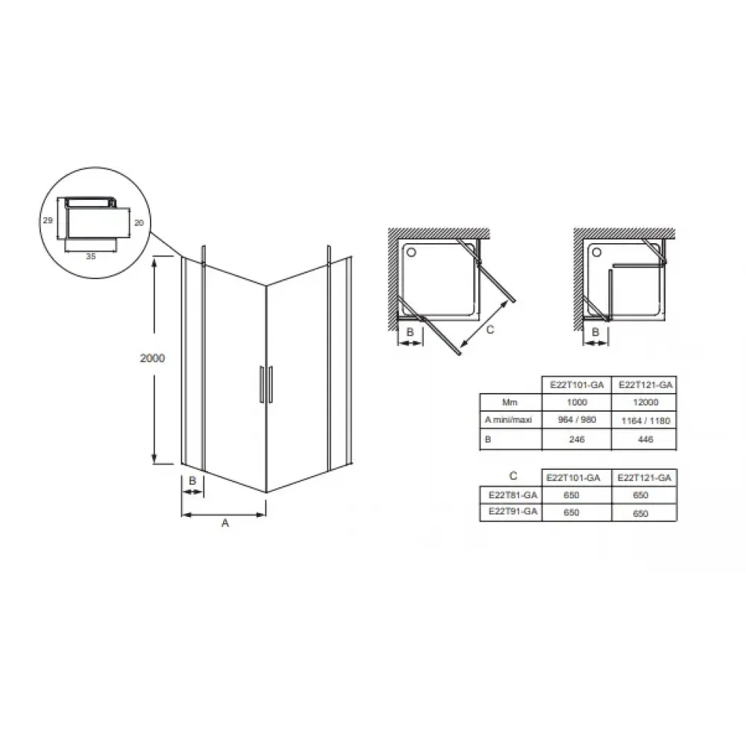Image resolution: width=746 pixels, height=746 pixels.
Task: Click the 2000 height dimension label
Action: click(152, 358)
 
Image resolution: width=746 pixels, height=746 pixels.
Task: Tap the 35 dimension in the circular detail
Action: click(91, 256)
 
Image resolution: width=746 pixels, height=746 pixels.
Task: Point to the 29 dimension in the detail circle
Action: click(48, 220)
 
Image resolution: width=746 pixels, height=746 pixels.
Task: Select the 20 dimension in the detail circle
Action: click(139, 222)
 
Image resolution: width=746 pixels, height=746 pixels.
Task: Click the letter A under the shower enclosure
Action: click(225, 523)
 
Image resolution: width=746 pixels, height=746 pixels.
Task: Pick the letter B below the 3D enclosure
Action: click(192, 480)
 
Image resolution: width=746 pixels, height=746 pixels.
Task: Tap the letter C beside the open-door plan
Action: click(490, 329)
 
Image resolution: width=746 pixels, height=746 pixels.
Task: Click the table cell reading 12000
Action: click(645, 402)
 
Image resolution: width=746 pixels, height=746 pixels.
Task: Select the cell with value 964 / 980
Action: click(577, 419)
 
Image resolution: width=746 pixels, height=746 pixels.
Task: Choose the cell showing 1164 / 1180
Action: click(645, 421)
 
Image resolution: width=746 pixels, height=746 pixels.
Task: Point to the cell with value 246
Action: click(577, 439)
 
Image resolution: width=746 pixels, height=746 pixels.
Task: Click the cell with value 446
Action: click(645, 439)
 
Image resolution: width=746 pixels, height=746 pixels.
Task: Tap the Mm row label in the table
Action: click(510, 403)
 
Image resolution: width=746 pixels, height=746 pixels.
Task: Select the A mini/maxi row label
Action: click(508, 419)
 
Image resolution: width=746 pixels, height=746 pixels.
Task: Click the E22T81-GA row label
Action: click(513, 495)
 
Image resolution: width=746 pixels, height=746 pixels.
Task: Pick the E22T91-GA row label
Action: click(513, 512)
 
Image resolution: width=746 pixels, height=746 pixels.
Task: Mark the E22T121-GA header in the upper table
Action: click(645, 385)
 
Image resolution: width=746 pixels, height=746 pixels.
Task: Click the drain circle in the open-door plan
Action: click(412, 252)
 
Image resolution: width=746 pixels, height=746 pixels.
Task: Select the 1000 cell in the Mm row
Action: click(577, 402)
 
